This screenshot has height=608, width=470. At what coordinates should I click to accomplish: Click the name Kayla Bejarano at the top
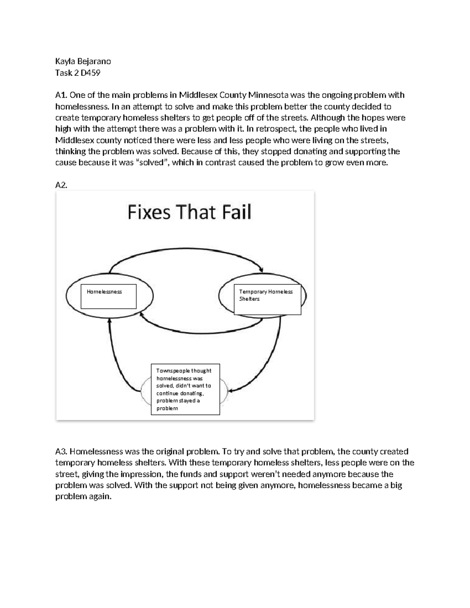tap(83, 61)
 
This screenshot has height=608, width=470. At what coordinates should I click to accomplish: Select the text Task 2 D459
tap(78, 73)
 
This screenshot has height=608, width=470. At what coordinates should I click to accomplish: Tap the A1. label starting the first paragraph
tap(61, 95)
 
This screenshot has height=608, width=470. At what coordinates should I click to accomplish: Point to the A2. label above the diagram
tap(61, 185)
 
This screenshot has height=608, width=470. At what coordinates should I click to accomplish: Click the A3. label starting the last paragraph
tap(61, 452)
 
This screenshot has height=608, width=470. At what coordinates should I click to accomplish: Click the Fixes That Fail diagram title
tap(189, 212)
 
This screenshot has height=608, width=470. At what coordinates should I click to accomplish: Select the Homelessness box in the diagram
tap(108, 296)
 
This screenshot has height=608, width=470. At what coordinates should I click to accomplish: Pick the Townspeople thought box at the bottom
tap(185, 389)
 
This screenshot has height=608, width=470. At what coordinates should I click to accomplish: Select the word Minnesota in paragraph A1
tap(269, 95)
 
